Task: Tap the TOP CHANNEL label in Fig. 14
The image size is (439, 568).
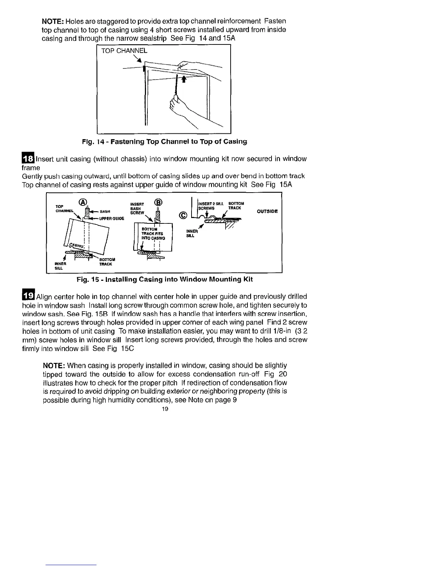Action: (124, 51)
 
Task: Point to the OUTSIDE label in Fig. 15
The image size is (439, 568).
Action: (267, 211)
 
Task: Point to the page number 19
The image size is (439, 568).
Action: (165, 409)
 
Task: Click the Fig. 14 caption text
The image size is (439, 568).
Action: (165, 142)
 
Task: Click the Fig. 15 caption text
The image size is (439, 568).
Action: (165, 279)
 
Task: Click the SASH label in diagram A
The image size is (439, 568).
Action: (105, 211)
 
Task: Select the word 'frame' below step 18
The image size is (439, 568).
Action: (31, 168)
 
